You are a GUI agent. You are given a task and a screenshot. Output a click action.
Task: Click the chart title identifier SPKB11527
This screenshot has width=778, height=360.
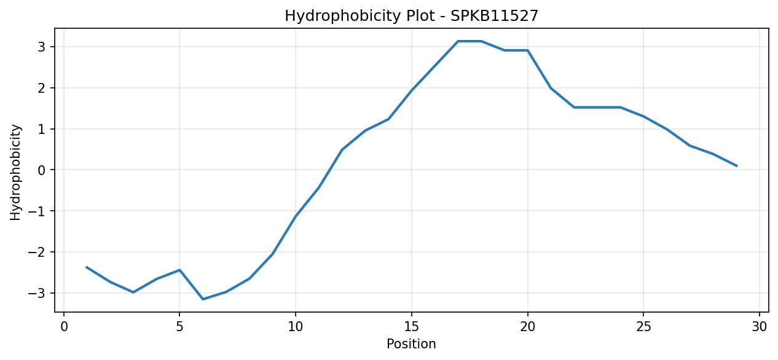pos(494,16)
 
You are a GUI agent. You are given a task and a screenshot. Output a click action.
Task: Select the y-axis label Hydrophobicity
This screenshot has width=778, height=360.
pos(15,173)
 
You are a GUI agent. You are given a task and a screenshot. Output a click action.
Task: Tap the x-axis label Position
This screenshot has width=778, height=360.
pos(411,344)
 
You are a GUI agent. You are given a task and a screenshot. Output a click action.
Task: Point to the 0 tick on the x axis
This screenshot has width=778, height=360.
pos(64,327)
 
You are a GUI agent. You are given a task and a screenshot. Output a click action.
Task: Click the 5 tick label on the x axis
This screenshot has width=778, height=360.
pos(179,327)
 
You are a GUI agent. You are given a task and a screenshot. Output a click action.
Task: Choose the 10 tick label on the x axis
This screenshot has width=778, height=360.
pos(296,327)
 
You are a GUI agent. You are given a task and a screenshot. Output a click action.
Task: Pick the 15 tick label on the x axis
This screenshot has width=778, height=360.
pos(412,327)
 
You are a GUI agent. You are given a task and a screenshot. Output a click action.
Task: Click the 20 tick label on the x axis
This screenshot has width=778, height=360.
pos(528,327)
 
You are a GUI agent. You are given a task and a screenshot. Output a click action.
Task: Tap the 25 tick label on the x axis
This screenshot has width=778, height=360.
pos(643,327)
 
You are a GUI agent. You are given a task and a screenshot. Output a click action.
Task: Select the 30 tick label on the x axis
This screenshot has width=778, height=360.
pos(759,327)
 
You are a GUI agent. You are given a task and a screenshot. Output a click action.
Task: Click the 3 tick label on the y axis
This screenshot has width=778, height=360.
pos(42,47)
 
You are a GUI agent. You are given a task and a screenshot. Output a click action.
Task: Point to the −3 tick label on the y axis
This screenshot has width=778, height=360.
pos(37,294)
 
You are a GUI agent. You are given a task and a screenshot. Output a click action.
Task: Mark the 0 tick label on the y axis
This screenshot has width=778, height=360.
pos(42,170)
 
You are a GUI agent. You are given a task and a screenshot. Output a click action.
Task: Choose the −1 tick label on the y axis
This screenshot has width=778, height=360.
pos(37,211)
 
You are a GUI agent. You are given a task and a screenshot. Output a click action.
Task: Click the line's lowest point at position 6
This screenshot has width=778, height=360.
pos(203,299)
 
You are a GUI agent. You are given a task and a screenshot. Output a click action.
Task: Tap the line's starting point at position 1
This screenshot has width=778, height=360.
pos(87,267)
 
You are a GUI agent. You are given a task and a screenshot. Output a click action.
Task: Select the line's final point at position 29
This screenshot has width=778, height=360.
pos(737,166)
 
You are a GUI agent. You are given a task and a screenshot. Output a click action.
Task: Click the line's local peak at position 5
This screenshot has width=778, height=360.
pos(179,270)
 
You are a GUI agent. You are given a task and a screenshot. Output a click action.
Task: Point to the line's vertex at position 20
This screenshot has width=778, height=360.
pos(528,50)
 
